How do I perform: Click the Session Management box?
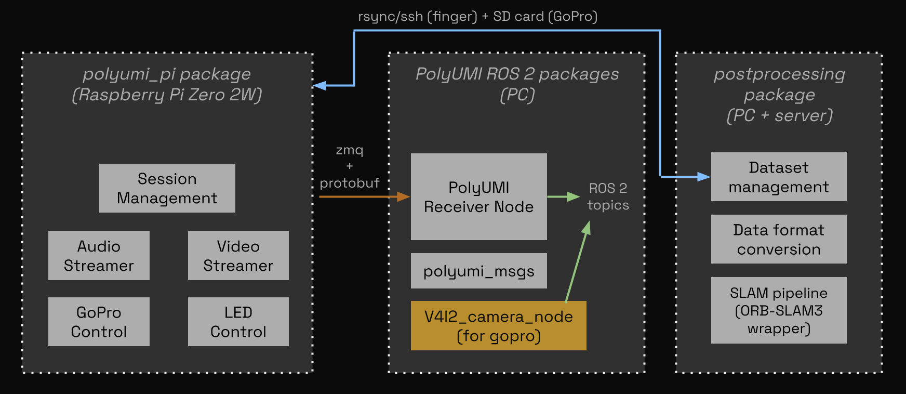(167, 188)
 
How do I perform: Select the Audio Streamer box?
(99, 255)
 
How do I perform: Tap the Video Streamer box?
(238, 255)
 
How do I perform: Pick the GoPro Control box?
(99, 322)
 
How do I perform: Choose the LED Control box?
(238, 322)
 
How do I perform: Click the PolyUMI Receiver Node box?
(478, 196)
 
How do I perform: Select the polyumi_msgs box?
(478, 271)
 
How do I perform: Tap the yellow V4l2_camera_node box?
(498, 325)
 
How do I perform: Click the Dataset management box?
(778, 177)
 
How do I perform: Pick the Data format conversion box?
(778, 239)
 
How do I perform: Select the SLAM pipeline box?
(778, 310)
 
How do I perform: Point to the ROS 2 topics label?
(608, 196)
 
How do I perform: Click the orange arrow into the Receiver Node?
(364, 196)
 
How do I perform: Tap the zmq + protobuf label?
(349, 166)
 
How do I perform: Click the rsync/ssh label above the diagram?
(477, 17)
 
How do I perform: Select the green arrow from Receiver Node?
(563, 196)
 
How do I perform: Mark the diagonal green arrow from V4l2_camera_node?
(577, 262)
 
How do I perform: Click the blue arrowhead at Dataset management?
(704, 177)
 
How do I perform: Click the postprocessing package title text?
(779, 95)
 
